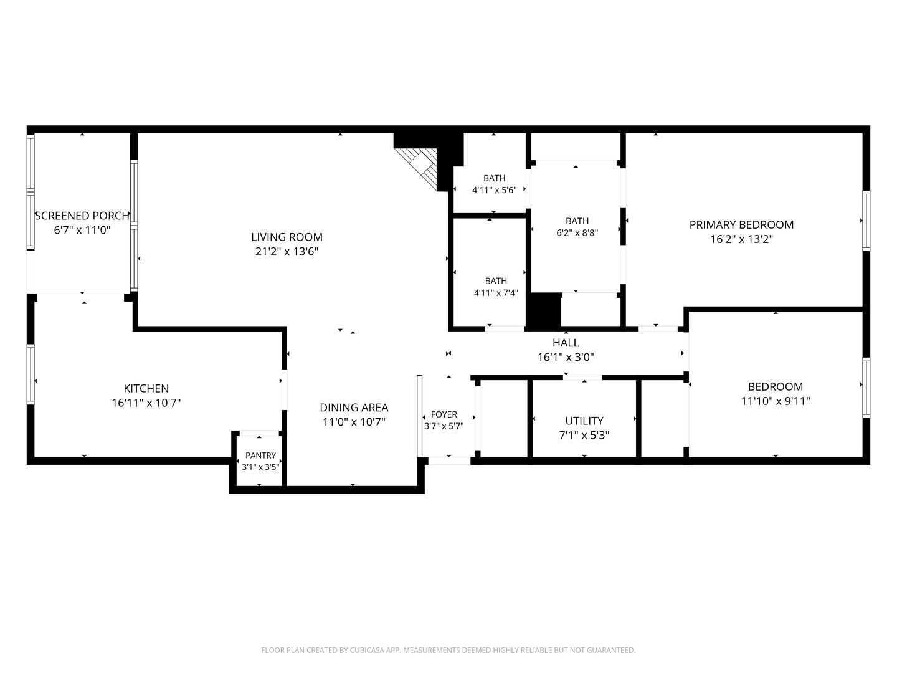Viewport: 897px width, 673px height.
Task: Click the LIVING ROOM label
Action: (x=287, y=237)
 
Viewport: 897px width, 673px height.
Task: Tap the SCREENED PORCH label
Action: (x=82, y=216)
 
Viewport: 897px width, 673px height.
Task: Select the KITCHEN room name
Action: (x=146, y=388)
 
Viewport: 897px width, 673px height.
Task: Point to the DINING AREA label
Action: (x=354, y=408)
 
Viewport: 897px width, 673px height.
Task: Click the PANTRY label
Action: (x=260, y=455)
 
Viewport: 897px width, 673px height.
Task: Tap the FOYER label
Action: (x=444, y=414)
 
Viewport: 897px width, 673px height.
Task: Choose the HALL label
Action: (x=566, y=343)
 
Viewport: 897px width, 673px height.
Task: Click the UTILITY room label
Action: (x=584, y=421)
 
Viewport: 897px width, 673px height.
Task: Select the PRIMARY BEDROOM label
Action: (x=741, y=225)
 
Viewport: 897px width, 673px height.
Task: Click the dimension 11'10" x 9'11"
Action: (x=776, y=401)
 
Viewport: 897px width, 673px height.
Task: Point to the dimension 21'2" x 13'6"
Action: (x=287, y=251)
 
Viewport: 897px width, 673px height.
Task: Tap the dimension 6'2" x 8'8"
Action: (x=577, y=233)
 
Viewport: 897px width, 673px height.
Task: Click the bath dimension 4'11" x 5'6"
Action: (x=494, y=190)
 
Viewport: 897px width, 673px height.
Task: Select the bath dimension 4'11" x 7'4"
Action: (x=496, y=293)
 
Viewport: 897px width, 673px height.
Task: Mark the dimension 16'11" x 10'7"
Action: (x=146, y=403)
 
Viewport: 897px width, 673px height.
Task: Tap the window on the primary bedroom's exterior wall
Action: (x=866, y=221)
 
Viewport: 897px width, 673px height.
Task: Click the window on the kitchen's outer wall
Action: (x=31, y=375)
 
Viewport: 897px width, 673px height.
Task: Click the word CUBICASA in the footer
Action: (x=367, y=650)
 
